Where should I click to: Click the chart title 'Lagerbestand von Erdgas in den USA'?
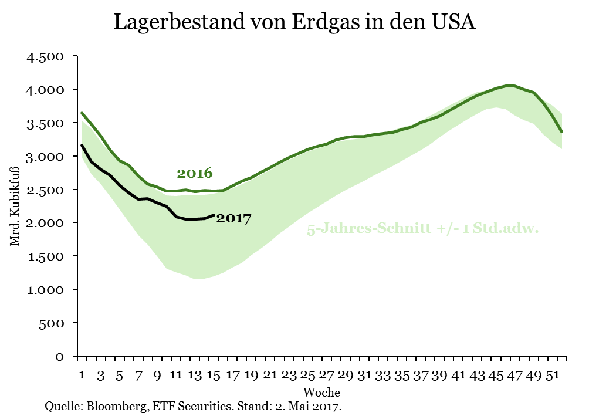point(294,22)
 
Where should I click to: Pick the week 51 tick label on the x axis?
point(551,375)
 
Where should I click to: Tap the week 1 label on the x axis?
point(82,375)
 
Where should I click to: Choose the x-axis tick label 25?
point(307,375)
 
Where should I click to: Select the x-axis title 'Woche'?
point(321,391)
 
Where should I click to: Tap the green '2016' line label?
point(194,174)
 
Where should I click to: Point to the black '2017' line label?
point(233,219)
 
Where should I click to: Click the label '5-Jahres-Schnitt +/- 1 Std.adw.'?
point(422,229)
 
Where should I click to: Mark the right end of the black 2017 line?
point(214,215)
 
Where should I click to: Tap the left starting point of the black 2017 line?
point(82,145)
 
